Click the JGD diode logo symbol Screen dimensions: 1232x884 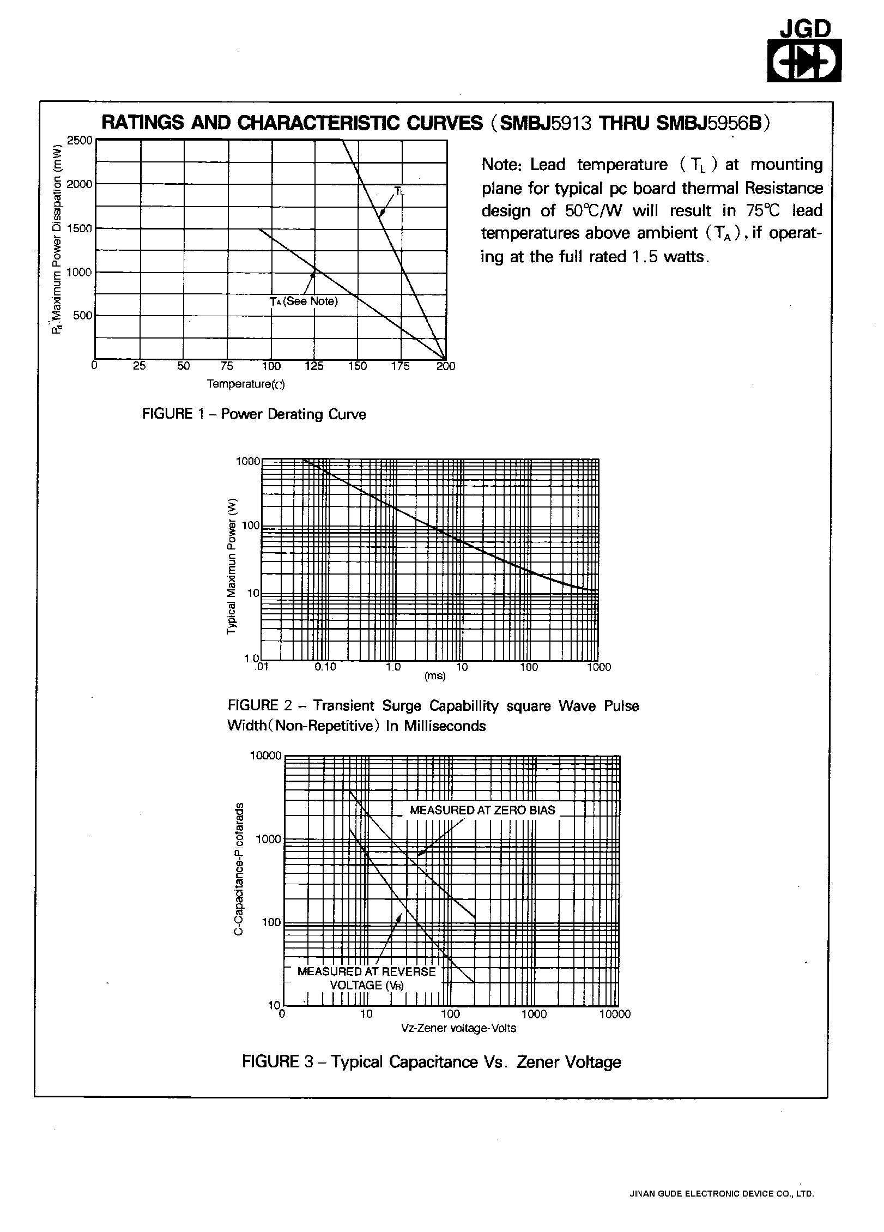pyautogui.click(x=804, y=62)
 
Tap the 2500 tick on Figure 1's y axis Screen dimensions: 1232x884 pyautogui.click(x=80, y=141)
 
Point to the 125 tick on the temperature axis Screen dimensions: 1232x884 pyautogui.click(x=314, y=366)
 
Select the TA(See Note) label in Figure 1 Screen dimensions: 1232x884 pyautogui.click(x=304, y=301)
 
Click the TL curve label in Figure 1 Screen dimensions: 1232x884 pyautogui.click(x=399, y=191)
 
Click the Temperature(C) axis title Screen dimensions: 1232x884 pyautogui.click(x=246, y=384)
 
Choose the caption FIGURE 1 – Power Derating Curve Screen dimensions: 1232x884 pyautogui.click(x=254, y=414)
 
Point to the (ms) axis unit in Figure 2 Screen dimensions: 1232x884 pyautogui.click(x=435, y=676)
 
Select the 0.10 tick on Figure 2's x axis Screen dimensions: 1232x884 pyautogui.click(x=325, y=667)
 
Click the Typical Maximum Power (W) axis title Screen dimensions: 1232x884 pyautogui.click(x=232, y=566)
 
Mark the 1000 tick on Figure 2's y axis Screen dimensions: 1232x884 pyautogui.click(x=248, y=462)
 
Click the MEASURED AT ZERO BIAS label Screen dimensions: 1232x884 pyautogui.click(x=482, y=810)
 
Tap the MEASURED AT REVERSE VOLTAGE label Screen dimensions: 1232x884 pyautogui.click(x=367, y=978)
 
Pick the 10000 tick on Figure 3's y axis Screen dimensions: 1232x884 pyautogui.click(x=266, y=756)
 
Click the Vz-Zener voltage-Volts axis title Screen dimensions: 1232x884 pyautogui.click(x=458, y=1028)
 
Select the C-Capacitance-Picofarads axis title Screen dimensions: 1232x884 pyautogui.click(x=238, y=869)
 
